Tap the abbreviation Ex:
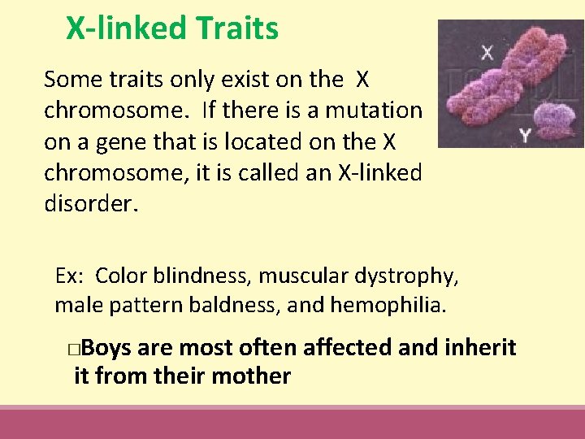click(70, 276)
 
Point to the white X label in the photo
click(487, 54)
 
